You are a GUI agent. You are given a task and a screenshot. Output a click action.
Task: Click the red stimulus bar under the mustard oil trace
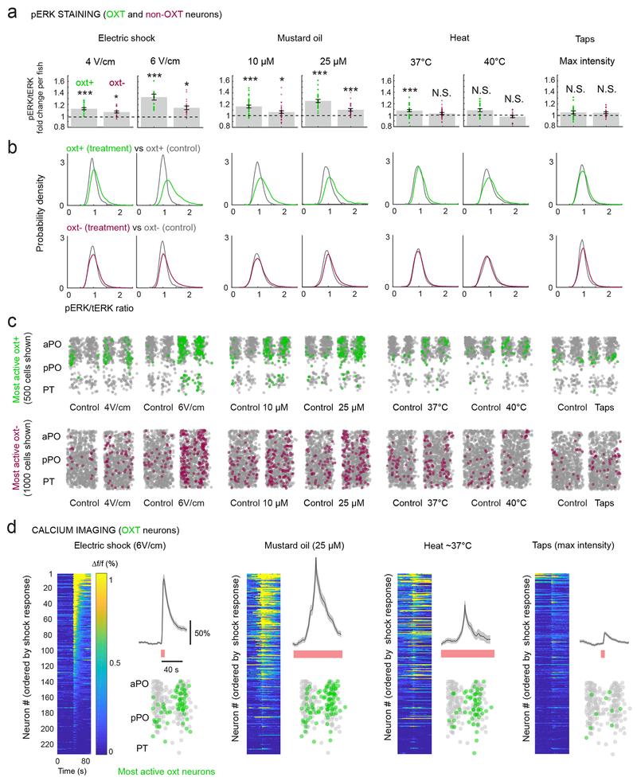pyautogui.click(x=318, y=654)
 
